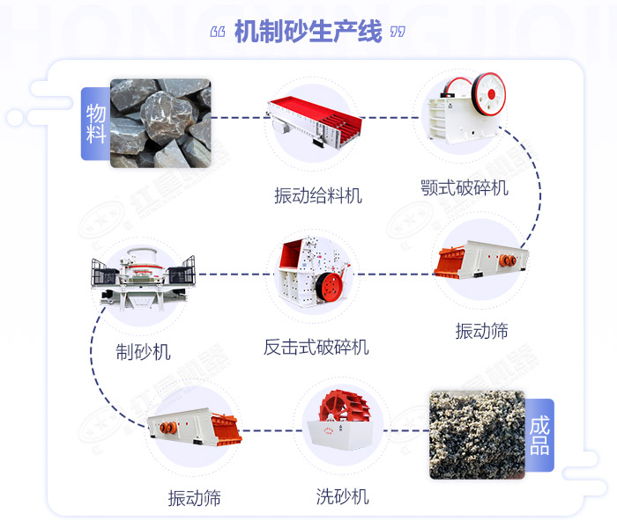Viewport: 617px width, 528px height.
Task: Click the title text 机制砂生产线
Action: [x=308, y=33]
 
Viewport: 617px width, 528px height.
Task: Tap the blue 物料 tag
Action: [x=95, y=123]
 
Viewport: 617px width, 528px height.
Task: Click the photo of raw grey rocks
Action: [x=160, y=122]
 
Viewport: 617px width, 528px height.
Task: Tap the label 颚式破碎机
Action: [x=465, y=187]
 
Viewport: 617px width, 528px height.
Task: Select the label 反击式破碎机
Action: [x=316, y=347]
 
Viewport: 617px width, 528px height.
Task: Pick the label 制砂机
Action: [x=143, y=352]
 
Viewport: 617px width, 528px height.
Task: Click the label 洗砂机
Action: [x=342, y=496]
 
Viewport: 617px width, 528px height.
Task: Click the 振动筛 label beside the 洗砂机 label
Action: [x=194, y=498]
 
